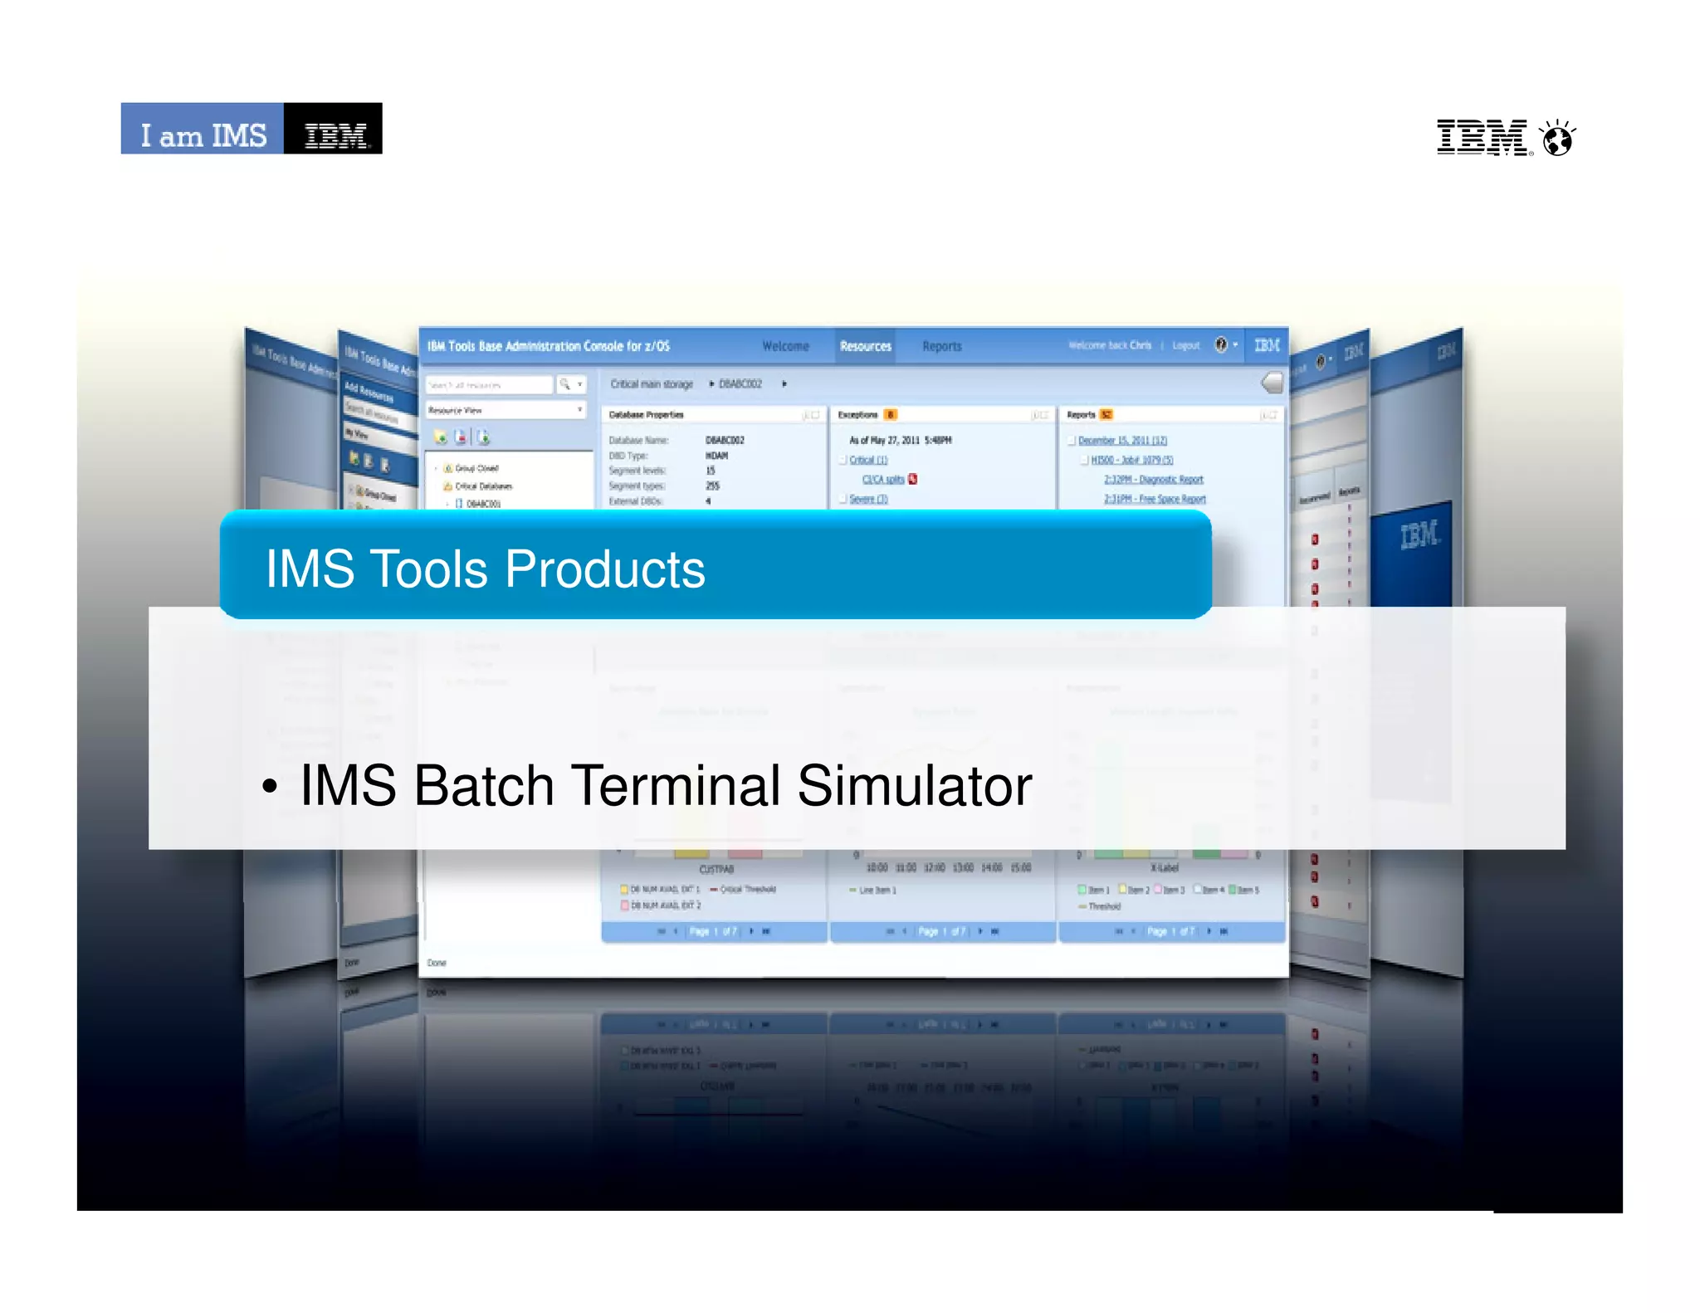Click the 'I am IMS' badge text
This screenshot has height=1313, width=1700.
click(x=203, y=134)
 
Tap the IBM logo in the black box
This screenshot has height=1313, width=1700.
click(x=335, y=134)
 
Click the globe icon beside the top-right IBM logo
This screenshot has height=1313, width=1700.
click(x=1558, y=139)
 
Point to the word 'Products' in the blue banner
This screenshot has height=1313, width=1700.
click(x=605, y=569)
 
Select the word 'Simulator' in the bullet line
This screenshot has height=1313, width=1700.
click(x=914, y=785)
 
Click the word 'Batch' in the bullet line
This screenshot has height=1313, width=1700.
click(x=484, y=785)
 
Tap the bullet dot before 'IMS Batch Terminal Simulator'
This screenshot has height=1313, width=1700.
click(x=269, y=787)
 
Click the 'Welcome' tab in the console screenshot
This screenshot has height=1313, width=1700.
click(x=785, y=346)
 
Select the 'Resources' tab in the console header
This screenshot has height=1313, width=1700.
click(x=865, y=346)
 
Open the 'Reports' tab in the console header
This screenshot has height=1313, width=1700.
click(x=941, y=346)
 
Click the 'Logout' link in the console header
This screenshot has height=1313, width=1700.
click(x=1185, y=345)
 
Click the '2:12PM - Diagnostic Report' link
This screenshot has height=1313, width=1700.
click(x=1153, y=480)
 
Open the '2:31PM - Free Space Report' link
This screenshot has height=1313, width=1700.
click(x=1155, y=499)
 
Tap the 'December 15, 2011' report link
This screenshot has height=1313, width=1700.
click(x=1122, y=441)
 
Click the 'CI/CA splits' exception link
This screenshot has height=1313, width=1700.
click(x=882, y=480)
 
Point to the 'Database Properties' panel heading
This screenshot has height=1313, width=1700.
click(x=647, y=414)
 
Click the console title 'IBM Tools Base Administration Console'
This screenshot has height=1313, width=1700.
click(x=548, y=346)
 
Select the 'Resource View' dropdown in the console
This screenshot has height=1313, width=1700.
click(x=505, y=410)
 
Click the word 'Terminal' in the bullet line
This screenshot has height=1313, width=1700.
click(x=676, y=785)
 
